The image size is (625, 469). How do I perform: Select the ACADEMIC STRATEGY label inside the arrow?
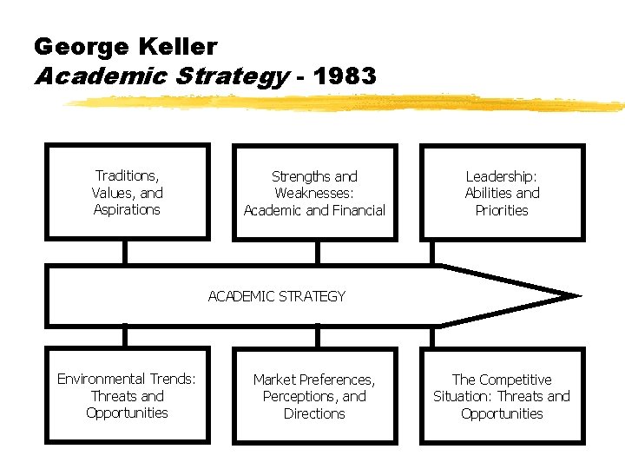[277, 296]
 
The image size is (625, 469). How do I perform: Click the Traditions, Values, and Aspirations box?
[127, 192]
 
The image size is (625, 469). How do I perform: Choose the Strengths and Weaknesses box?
[314, 192]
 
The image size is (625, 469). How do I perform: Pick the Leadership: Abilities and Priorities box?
[502, 192]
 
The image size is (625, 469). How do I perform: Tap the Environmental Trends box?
[127, 395]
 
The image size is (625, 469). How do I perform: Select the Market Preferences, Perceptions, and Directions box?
[314, 396]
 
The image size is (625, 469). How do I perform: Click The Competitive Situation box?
[502, 396]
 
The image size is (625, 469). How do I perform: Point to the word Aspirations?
[127, 209]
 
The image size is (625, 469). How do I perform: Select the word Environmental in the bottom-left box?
[102, 379]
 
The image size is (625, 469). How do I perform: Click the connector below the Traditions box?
[127, 252]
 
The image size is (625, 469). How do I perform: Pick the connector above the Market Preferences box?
[317, 337]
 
